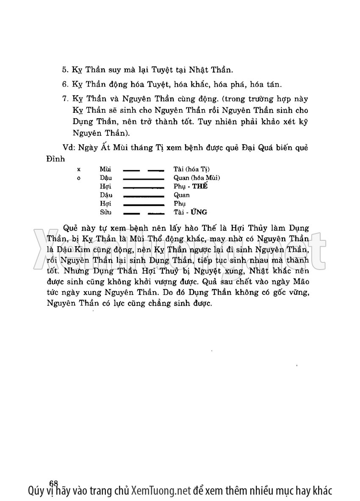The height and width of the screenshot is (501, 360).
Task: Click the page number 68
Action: coord(53,483)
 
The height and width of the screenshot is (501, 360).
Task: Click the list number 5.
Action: coord(64,69)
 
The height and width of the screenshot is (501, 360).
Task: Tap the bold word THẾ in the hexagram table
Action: coord(201,186)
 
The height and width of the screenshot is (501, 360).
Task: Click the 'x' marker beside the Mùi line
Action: coord(79,169)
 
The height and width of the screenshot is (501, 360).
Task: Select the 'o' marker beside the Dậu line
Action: coord(79,178)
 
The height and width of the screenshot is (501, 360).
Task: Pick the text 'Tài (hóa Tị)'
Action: coord(191,169)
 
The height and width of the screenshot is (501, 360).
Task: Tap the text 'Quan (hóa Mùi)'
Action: coord(197,178)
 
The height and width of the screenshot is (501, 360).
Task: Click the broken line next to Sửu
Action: coord(143,213)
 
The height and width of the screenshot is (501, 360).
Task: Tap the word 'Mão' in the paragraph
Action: coord(300,281)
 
